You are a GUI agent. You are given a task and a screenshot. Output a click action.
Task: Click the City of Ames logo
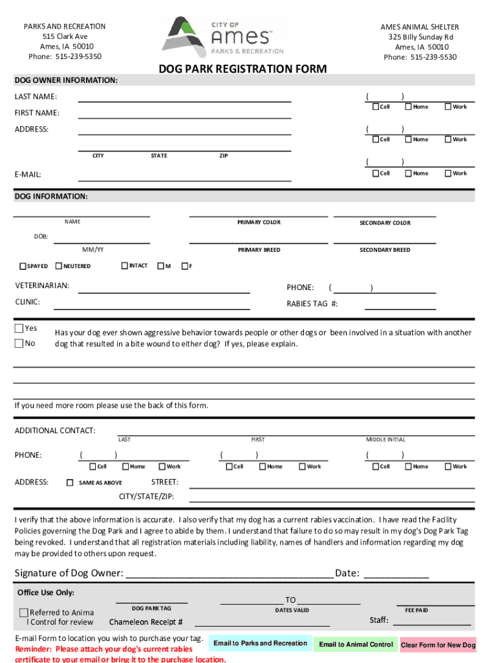(x=223, y=36)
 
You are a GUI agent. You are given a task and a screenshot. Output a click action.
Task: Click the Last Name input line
(x=184, y=97)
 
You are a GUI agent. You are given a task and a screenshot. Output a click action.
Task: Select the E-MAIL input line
(x=184, y=174)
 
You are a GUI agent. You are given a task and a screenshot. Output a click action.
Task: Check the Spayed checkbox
(x=23, y=266)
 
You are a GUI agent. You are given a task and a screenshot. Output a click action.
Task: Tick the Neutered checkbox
(x=59, y=266)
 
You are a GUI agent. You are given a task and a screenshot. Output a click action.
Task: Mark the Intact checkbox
(x=125, y=265)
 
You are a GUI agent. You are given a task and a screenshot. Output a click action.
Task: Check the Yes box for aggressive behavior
(x=19, y=328)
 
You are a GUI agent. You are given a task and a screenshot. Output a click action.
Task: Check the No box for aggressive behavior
(x=19, y=343)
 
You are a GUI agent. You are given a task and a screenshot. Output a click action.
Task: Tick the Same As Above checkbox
(x=70, y=482)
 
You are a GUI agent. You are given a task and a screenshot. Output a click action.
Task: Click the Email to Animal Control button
(x=356, y=644)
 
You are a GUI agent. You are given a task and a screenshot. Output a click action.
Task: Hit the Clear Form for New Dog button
(x=438, y=645)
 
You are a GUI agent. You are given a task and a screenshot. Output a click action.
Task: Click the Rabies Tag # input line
(x=400, y=305)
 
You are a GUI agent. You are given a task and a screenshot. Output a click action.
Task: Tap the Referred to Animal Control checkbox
(x=24, y=612)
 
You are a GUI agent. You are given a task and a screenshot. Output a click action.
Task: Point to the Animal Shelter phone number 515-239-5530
(x=420, y=57)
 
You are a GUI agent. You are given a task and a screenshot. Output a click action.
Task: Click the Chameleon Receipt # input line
(x=262, y=623)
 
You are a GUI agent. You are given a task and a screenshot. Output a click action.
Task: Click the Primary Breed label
(x=259, y=250)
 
